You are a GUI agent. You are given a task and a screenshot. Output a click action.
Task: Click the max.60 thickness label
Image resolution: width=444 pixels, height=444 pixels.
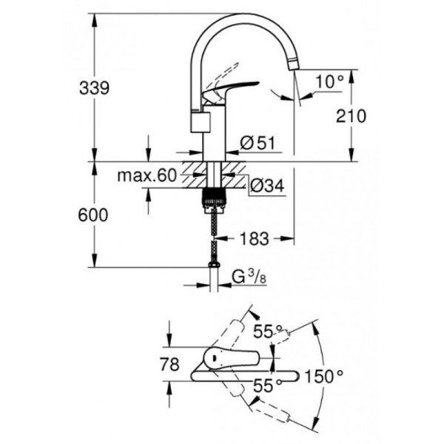click(x=147, y=176)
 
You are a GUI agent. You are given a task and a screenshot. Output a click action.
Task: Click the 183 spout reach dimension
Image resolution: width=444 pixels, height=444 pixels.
click(x=254, y=238)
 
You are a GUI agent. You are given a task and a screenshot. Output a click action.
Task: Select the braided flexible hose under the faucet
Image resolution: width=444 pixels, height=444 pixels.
click(x=214, y=233)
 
